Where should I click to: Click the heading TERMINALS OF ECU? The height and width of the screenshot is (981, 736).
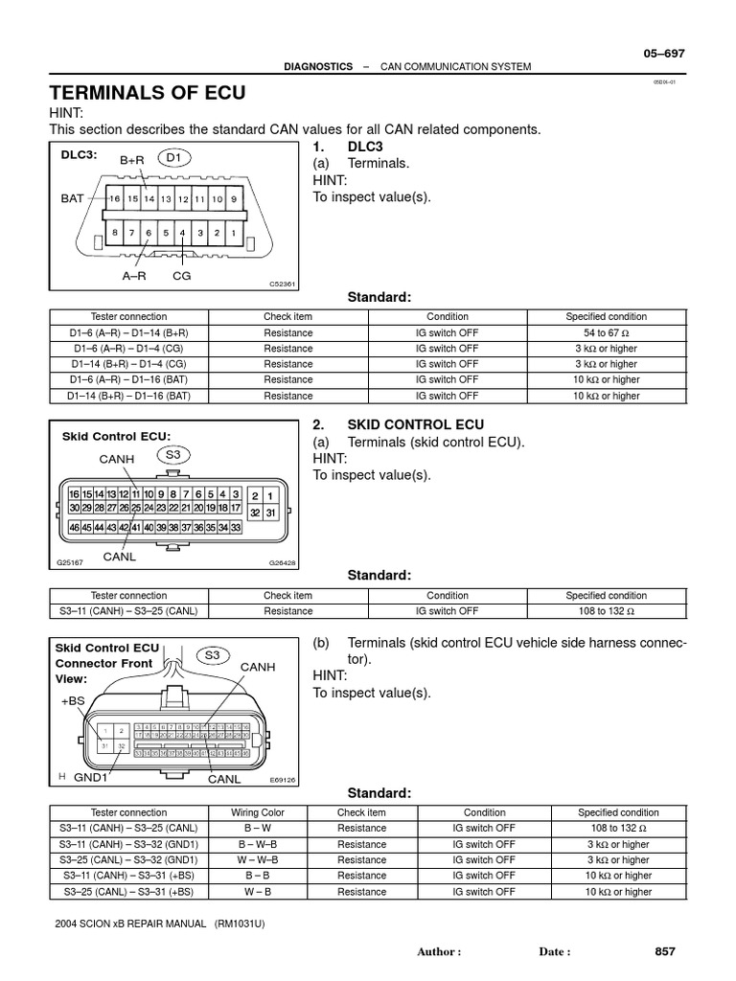tap(148, 93)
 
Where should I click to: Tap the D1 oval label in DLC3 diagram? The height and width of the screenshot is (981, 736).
tap(172, 155)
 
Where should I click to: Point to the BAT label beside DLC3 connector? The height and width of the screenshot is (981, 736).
tap(73, 198)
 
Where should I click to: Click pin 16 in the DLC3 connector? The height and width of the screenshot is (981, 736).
tap(115, 199)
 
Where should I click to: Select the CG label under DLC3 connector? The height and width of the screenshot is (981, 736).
tap(181, 274)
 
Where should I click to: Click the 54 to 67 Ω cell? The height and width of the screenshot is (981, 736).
tap(606, 332)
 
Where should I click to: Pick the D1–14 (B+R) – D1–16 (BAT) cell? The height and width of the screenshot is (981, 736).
tap(128, 395)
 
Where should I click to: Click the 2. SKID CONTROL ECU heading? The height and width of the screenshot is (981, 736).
tap(399, 424)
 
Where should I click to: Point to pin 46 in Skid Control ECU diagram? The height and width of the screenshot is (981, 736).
tap(75, 527)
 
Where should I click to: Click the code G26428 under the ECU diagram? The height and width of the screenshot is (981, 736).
tap(282, 564)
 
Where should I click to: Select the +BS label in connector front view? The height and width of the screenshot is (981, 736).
tap(73, 701)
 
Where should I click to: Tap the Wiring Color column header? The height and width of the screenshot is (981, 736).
tap(258, 812)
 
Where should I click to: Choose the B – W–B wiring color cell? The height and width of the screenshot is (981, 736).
tap(258, 844)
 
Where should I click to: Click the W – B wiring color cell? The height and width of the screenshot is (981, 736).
tap(258, 891)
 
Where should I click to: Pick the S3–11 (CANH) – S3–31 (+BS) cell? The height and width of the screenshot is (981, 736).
tap(128, 876)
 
